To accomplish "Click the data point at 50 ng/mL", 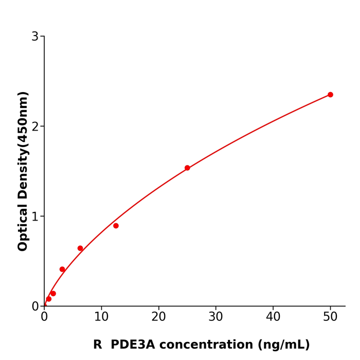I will pos(330,95).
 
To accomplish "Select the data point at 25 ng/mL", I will pos(187,168).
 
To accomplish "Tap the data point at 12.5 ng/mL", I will pos(116,226).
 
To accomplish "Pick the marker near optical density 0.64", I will pos(80,248).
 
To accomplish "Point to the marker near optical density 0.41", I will pos(62,269).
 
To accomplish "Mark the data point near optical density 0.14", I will pos(53,294).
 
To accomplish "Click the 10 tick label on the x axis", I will pos(101,317).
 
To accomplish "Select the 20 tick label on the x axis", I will pos(158,317).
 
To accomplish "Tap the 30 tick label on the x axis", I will pos(216,317).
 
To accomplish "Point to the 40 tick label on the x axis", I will pos(273,317).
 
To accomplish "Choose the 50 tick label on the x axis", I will pos(330,317).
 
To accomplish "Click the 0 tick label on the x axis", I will pos(44,317).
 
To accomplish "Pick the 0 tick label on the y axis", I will pos(35,307).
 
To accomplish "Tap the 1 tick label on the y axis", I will pos(35,217).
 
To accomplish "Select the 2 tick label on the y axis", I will pos(35,127).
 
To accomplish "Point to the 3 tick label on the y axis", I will pos(35,37).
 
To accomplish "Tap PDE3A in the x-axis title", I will pos(132,345).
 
